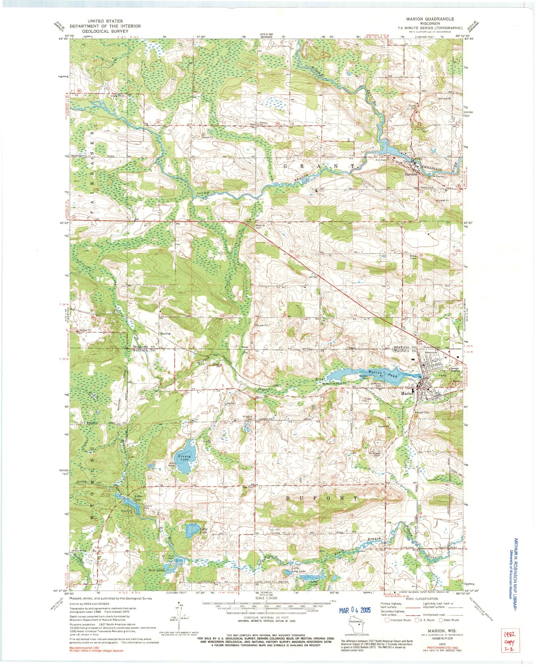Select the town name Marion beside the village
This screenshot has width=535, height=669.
pyautogui.click(x=407, y=393)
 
